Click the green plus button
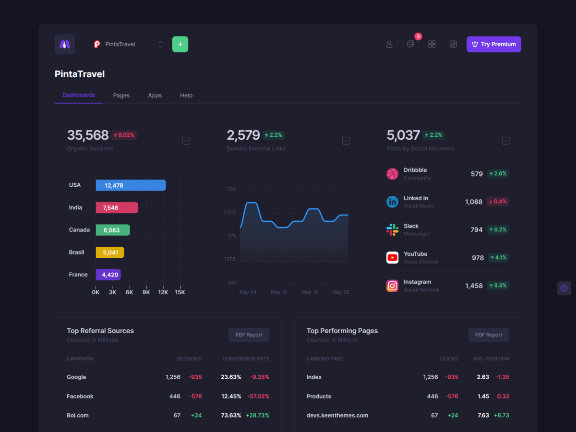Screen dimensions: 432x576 [x=180, y=44]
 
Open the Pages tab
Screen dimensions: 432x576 [x=121, y=96]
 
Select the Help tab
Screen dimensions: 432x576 [x=186, y=96]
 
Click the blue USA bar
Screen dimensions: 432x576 [x=131, y=185]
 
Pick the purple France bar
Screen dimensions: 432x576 [x=108, y=275]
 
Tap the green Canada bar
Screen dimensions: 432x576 [x=113, y=230]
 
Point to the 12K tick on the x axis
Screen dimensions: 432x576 [x=163, y=292]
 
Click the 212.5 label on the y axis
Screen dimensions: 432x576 [x=229, y=213]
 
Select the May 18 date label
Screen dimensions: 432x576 [x=310, y=292]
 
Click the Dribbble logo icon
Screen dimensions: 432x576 [x=392, y=174]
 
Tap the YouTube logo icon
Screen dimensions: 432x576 [x=392, y=258]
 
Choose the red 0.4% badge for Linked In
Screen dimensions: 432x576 [x=498, y=202]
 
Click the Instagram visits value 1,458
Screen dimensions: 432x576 [x=474, y=286]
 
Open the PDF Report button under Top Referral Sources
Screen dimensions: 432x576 [x=249, y=335]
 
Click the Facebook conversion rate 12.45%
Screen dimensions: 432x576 [x=231, y=396]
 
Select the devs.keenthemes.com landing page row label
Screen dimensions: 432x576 [x=337, y=416]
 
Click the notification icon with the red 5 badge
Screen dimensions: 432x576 [x=410, y=44]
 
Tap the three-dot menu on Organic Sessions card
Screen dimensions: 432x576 [x=186, y=141]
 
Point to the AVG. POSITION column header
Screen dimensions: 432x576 [x=491, y=359]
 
